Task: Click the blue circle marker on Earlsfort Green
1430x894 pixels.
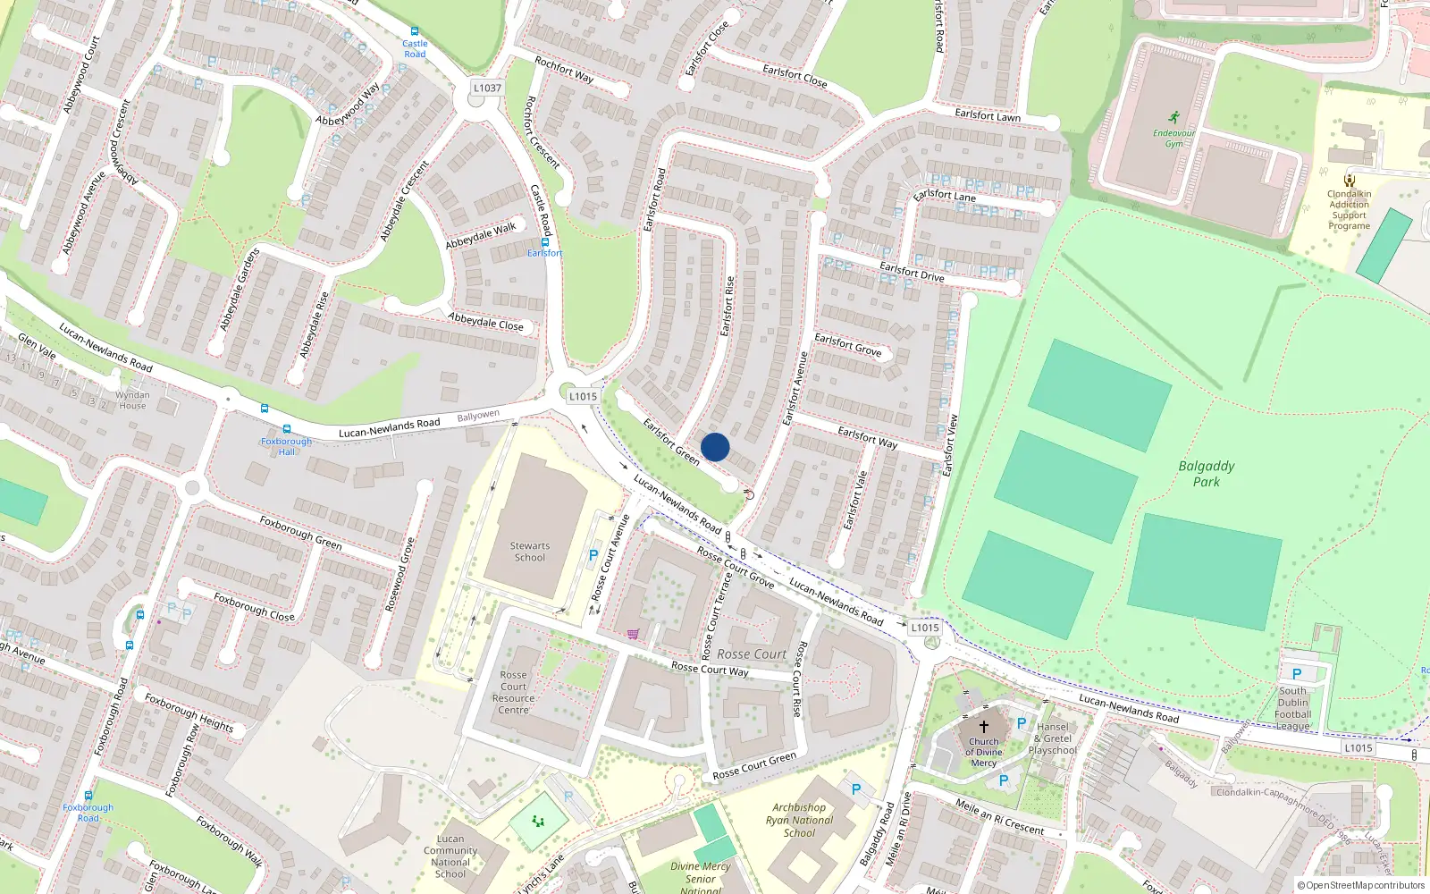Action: pyautogui.click(x=715, y=447)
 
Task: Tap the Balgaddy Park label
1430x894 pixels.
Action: pyautogui.click(x=1206, y=474)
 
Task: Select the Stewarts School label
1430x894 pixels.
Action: pyautogui.click(x=530, y=552)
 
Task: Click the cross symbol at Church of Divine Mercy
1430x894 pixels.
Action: pyautogui.click(x=984, y=727)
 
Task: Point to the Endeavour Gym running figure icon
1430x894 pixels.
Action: pyautogui.click(x=1173, y=118)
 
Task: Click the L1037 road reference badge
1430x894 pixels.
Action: pyautogui.click(x=487, y=88)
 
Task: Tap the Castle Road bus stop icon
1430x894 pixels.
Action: pyautogui.click(x=415, y=31)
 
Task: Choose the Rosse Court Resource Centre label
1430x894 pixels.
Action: pyautogui.click(x=513, y=693)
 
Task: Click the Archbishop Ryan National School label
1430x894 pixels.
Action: pyautogui.click(x=799, y=820)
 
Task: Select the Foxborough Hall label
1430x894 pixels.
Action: pyautogui.click(x=286, y=446)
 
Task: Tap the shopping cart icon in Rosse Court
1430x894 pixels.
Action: pyautogui.click(x=633, y=635)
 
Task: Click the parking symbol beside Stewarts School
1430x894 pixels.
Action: pyautogui.click(x=593, y=555)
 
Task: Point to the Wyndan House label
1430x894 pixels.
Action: pyautogui.click(x=132, y=400)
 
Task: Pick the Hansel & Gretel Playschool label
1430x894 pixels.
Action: pyautogui.click(x=1053, y=738)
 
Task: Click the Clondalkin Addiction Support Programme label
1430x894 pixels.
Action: pyautogui.click(x=1349, y=210)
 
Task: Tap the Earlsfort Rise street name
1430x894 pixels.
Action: pyautogui.click(x=728, y=306)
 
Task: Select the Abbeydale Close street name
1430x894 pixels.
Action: pyautogui.click(x=485, y=321)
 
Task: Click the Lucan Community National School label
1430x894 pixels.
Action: pyautogui.click(x=450, y=856)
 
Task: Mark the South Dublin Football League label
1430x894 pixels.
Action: pyautogui.click(x=1292, y=708)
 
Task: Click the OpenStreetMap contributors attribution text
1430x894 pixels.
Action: pyautogui.click(x=1361, y=886)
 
